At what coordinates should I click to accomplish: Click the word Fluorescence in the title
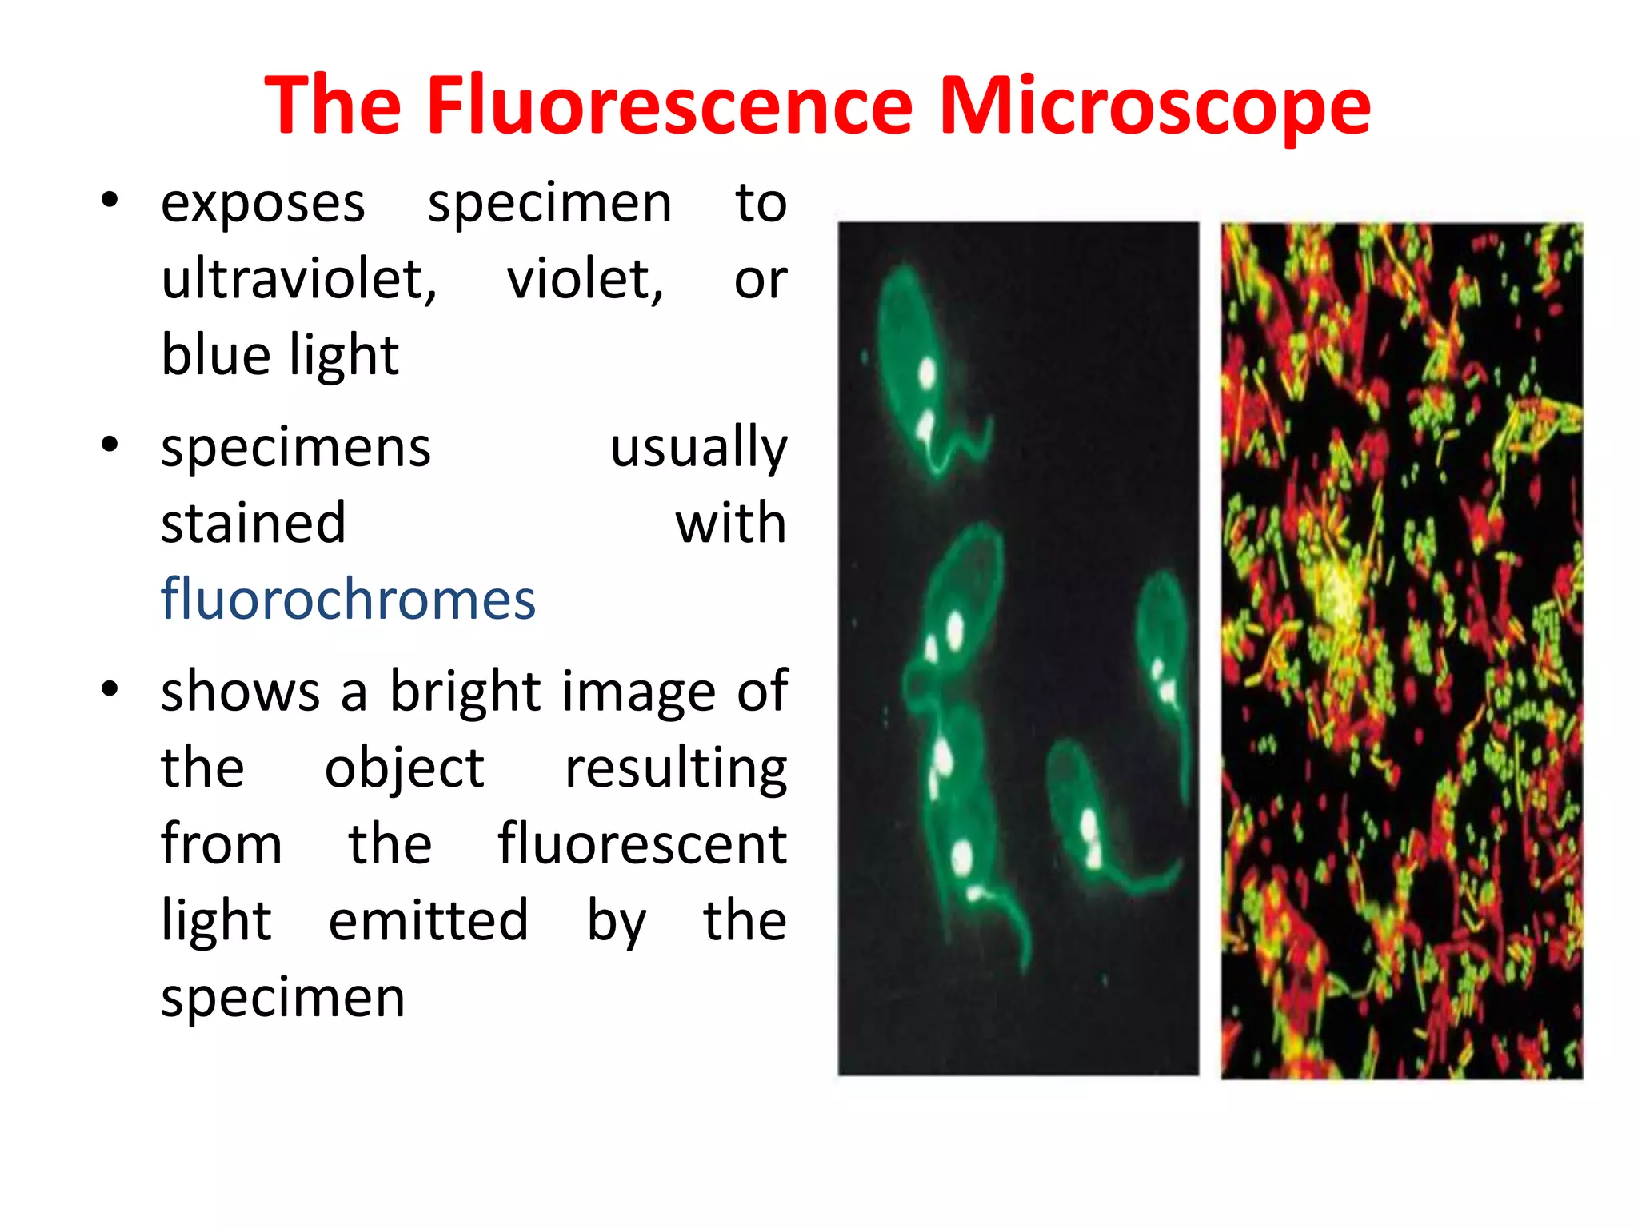point(669,105)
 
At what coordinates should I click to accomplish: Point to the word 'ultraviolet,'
point(299,279)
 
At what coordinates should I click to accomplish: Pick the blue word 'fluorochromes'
point(348,599)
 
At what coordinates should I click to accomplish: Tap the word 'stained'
point(254,524)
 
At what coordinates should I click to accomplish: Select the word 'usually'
point(698,448)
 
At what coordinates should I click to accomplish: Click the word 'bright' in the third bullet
point(465,691)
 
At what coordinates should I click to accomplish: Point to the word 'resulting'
point(676,767)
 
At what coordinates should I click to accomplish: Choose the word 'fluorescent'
point(642,844)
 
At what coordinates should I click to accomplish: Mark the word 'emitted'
point(429,920)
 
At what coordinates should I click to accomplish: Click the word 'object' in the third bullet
point(404,767)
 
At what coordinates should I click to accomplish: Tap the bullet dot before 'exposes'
point(110,200)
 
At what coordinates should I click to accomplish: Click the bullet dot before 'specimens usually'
point(110,444)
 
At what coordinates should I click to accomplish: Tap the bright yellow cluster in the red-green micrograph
point(1340,592)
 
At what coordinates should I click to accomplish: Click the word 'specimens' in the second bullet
point(296,448)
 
